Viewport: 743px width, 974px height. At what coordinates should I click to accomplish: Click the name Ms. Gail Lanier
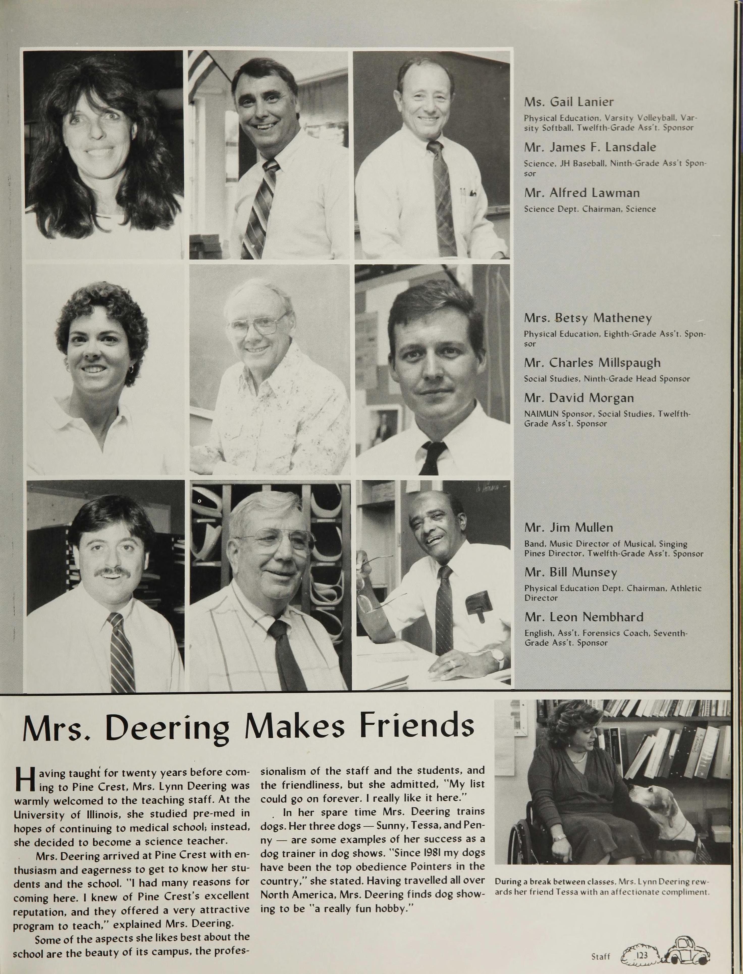pos(569,102)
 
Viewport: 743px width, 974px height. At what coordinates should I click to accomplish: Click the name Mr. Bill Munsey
pos(571,572)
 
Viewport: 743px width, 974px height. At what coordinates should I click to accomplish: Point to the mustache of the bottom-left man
pos(112,572)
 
